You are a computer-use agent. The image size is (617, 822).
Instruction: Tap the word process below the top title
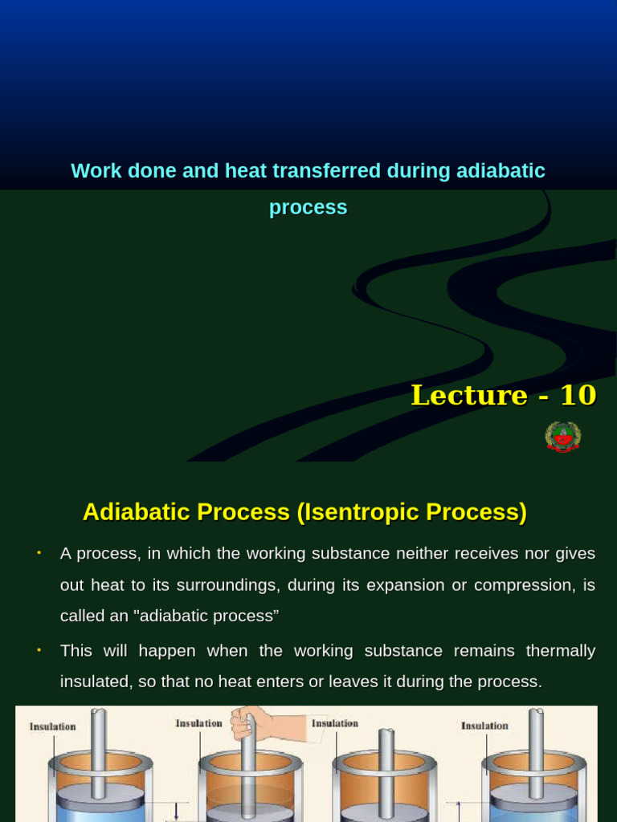click(x=308, y=209)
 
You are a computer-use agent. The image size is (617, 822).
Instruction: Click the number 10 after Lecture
click(x=578, y=395)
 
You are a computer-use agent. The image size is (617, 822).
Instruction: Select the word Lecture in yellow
click(x=469, y=395)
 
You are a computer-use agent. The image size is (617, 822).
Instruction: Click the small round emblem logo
click(x=563, y=437)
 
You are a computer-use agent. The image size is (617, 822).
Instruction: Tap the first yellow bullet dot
click(x=39, y=552)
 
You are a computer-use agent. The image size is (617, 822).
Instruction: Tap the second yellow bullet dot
click(x=39, y=650)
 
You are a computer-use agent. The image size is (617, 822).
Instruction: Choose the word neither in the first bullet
click(x=419, y=554)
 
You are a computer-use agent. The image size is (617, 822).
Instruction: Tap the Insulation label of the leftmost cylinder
click(x=52, y=726)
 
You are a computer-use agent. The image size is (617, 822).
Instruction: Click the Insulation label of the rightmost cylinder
click(x=484, y=726)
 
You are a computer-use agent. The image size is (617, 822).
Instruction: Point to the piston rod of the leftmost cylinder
click(x=98, y=754)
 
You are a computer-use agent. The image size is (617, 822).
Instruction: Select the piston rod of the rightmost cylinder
click(x=536, y=754)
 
